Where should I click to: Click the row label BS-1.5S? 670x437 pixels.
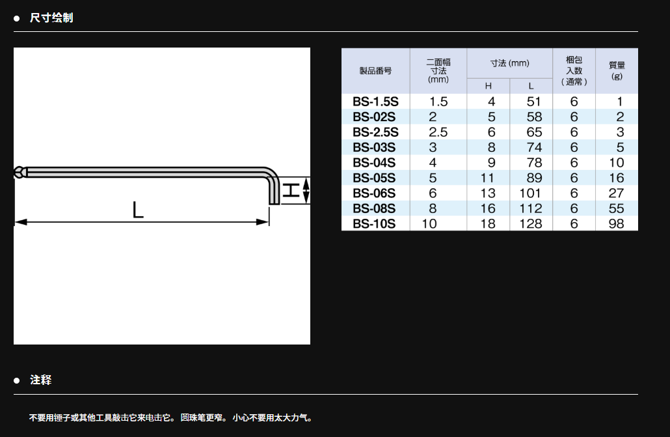(x=375, y=102)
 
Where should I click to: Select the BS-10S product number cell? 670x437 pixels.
(x=374, y=224)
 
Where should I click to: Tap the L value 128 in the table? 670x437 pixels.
(x=530, y=224)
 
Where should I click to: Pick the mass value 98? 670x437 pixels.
(x=616, y=224)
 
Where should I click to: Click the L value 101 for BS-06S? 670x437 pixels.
(x=530, y=193)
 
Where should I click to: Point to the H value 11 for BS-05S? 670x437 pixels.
(x=488, y=178)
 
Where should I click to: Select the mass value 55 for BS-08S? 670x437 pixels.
(x=616, y=208)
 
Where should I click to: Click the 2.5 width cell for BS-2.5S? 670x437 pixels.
(x=438, y=132)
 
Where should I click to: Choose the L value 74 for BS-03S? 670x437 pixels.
(x=534, y=147)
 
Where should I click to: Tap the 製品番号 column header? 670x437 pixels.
(x=375, y=71)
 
